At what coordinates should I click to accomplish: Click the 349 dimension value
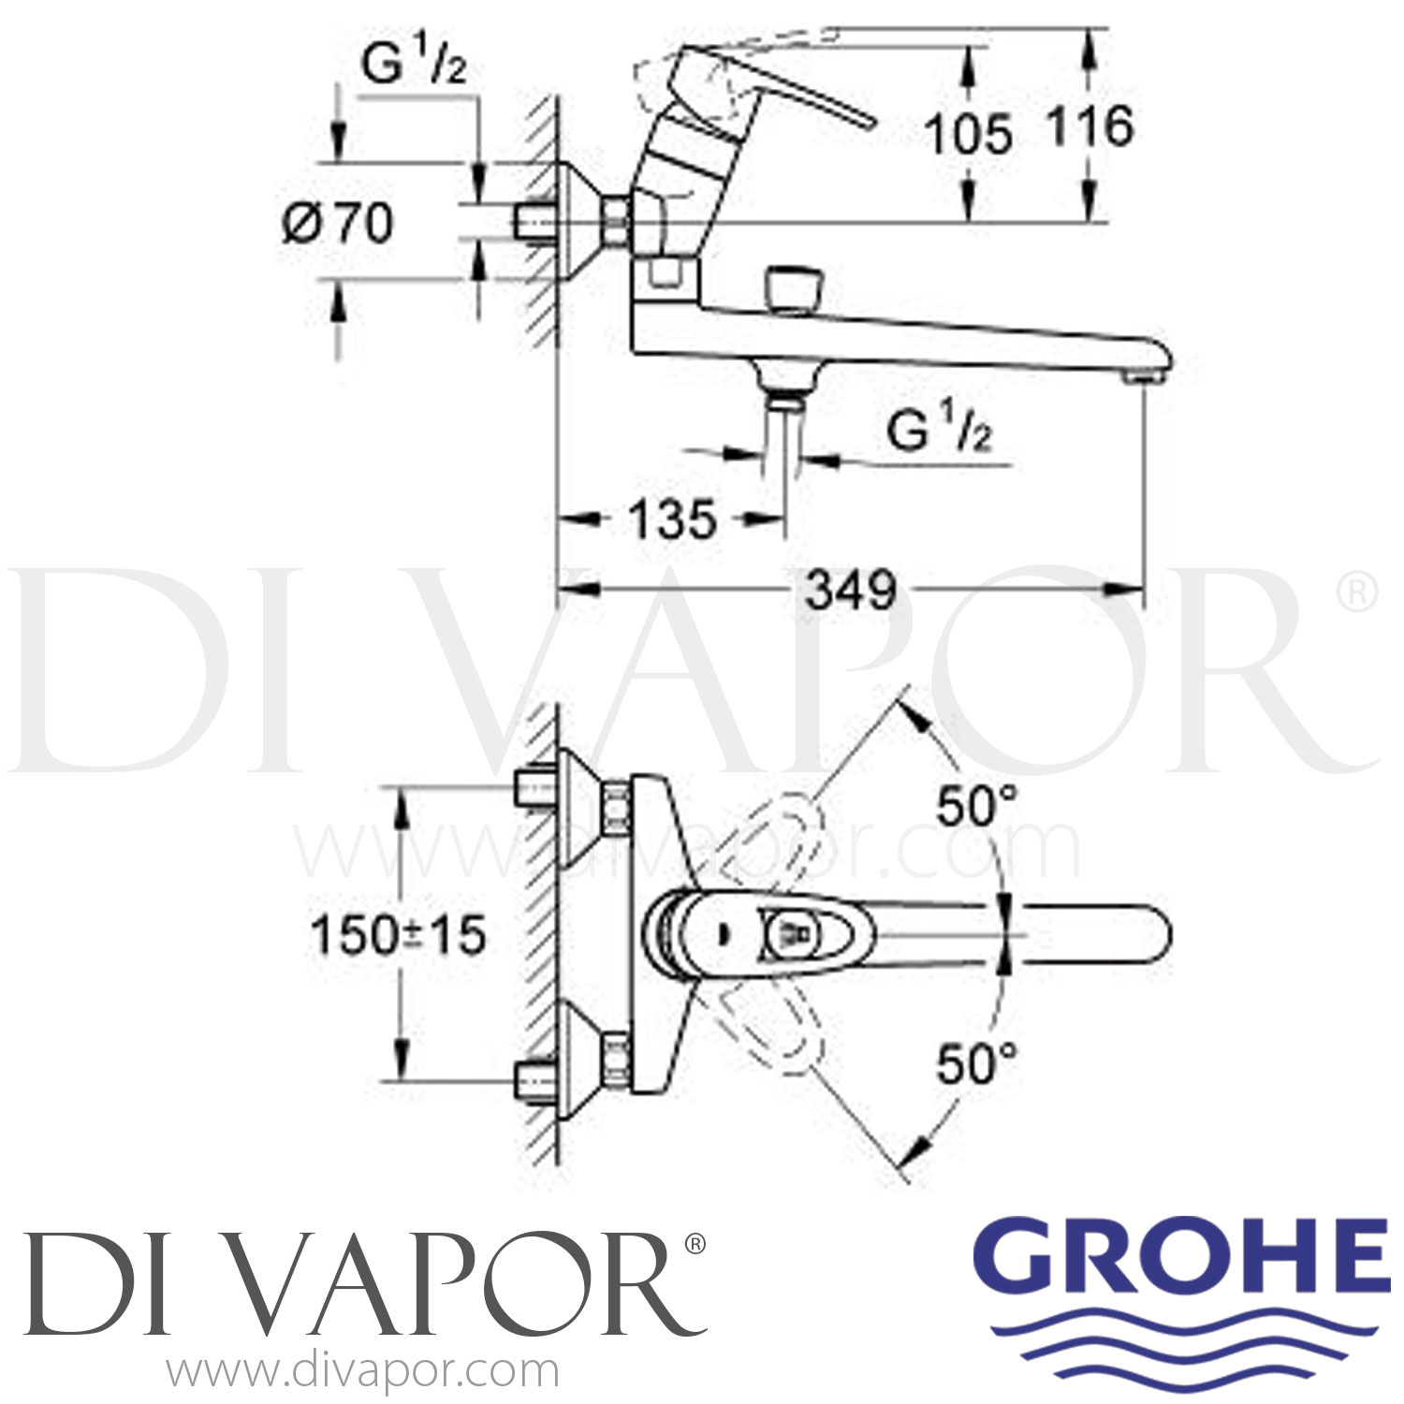tap(851, 591)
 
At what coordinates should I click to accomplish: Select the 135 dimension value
tap(672, 519)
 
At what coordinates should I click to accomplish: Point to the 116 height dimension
tap(1090, 126)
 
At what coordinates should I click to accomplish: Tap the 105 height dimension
tap(969, 134)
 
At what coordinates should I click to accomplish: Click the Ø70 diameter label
tap(338, 224)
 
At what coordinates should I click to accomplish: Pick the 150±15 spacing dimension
tap(399, 935)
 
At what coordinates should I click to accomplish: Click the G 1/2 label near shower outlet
tap(939, 431)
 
